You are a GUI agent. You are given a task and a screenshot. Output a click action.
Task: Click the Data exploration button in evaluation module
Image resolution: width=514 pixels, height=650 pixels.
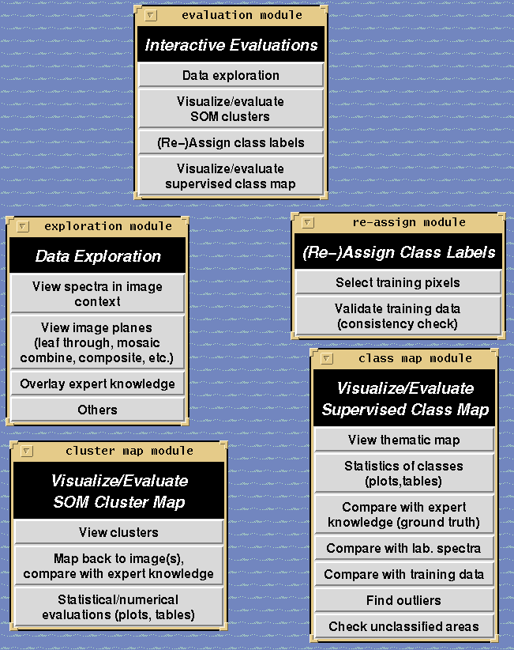[231, 75]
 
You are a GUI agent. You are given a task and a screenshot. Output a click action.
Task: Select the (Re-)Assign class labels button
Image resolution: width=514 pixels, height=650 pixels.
[231, 142]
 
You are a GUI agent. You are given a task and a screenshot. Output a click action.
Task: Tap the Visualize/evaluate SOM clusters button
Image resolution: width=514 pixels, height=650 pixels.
[231, 108]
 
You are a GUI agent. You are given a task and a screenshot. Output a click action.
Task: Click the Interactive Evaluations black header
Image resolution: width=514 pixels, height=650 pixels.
[231, 45]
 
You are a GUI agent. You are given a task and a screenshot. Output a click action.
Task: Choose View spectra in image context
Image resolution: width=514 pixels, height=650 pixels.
[98, 293]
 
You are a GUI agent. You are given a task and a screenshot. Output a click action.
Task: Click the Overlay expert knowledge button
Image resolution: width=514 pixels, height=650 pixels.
[98, 384]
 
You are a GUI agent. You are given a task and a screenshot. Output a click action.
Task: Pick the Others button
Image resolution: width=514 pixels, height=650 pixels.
[98, 410]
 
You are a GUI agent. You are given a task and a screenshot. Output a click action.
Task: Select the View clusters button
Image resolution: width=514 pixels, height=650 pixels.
[118, 532]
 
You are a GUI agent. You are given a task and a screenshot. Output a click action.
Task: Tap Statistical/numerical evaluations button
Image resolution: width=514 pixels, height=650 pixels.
[118, 607]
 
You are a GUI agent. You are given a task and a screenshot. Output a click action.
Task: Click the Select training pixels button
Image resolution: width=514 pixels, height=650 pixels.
[398, 282]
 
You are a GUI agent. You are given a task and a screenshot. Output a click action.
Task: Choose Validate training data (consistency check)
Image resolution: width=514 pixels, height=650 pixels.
[398, 316]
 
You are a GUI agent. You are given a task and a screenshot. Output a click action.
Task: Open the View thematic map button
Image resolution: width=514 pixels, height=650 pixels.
[403, 440]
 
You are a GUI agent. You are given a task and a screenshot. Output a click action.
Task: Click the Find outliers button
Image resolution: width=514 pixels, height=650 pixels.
[403, 600]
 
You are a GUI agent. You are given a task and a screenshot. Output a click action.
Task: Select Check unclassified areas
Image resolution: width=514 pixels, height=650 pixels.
[403, 626]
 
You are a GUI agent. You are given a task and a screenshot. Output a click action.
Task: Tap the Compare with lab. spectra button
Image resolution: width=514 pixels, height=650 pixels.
[403, 548]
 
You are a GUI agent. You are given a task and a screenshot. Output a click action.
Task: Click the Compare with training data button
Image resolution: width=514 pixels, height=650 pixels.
[403, 574]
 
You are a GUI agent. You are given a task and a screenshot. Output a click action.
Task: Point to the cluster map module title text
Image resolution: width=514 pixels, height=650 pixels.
[129, 451]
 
